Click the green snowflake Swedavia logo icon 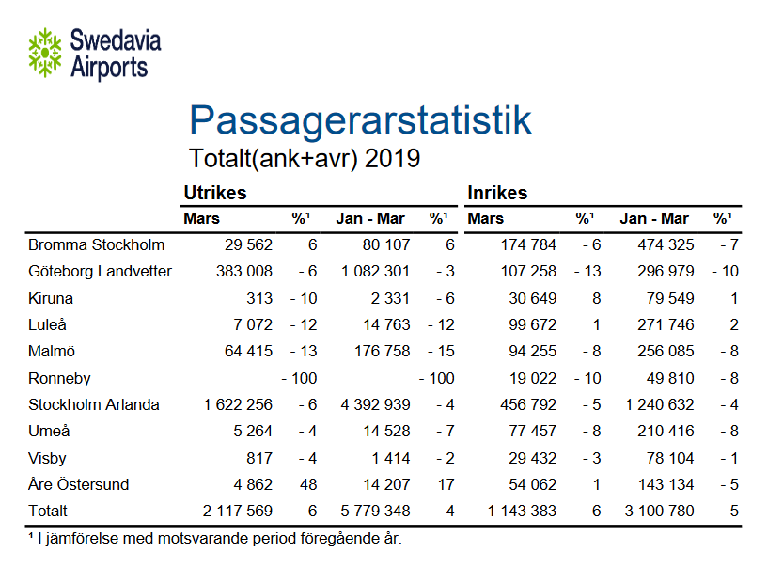[x=44, y=52]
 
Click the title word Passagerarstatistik [x=360, y=121]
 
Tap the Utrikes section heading [x=214, y=193]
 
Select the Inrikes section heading [x=497, y=193]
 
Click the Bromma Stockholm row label [x=96, y=245]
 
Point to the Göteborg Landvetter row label [x=100, y=272]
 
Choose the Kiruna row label [x=51, y=298]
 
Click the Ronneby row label [x=59, y=378]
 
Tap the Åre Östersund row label [x=78, y=485]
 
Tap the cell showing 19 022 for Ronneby [x=531, y=378]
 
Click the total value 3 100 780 [x=657, y=512]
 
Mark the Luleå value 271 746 [x=663, y=325]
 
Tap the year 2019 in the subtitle [x=393, y=158]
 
